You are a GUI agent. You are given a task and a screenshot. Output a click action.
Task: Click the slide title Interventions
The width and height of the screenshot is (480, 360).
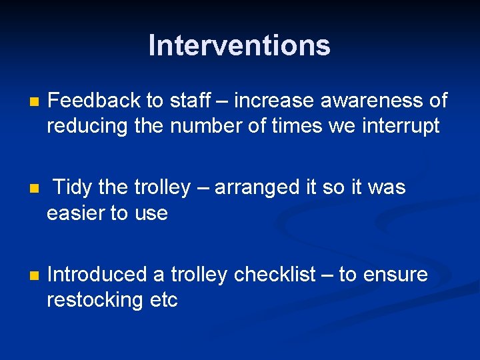tap(239, 45)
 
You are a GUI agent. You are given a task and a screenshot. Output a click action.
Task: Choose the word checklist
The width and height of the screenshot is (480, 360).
tap(274, 274)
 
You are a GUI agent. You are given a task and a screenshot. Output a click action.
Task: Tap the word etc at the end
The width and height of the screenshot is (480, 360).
tap(163, 300)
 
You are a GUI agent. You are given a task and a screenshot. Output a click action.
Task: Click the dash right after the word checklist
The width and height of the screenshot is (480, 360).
tap(327, 275)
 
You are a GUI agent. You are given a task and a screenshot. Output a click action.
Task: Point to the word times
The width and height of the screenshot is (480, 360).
tap(288, 127)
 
